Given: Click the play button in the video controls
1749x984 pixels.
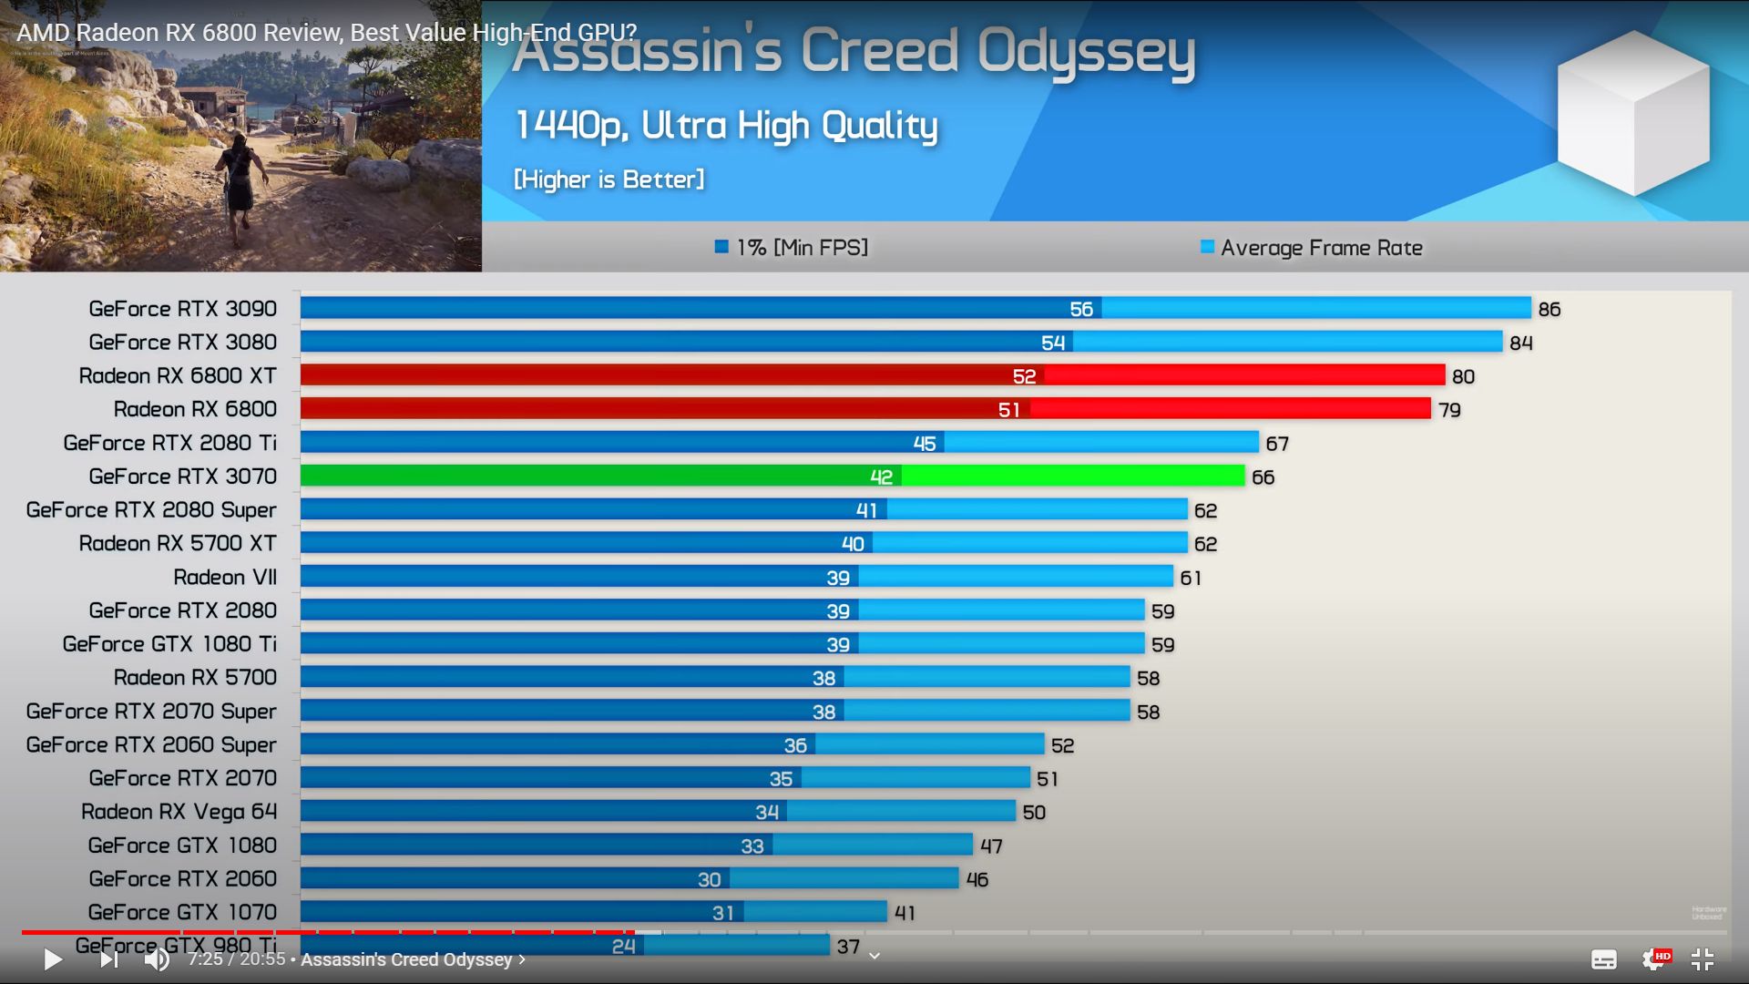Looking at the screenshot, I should pos(53,959).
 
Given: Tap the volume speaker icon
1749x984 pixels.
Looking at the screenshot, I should pos(157,959).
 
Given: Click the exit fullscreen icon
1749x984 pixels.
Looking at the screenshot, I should pos(1702,959).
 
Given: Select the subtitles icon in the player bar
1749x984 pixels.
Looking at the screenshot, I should pos(1603,959).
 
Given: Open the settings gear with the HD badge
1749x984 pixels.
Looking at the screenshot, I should pos(1653,959).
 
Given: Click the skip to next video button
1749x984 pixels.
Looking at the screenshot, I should pos(108,959).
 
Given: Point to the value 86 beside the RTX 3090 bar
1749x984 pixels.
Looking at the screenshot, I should pos(1549,310).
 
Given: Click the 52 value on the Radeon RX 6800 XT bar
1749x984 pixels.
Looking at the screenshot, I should pos(1024,376).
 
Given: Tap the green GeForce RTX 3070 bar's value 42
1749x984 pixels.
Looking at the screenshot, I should pos(881,477).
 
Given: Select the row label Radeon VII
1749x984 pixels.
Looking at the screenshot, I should pos(225,578).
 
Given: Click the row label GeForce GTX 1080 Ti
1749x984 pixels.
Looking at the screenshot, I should pos(169,644).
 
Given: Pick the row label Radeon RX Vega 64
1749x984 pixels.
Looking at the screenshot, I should pos(179,812).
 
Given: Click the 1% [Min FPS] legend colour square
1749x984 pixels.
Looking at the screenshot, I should pos(721,247).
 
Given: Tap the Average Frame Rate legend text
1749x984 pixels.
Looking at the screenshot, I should pos(1321,248).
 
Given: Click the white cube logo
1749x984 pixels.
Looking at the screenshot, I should pos(1632,113).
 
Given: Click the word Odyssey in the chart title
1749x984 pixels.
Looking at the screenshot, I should pos(1086,52).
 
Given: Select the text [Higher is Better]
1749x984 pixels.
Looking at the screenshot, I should pos(609,179).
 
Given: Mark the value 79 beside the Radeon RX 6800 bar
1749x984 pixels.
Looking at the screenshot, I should pos(1449,410).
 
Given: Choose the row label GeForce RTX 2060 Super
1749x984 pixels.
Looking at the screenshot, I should pos(151,745).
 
